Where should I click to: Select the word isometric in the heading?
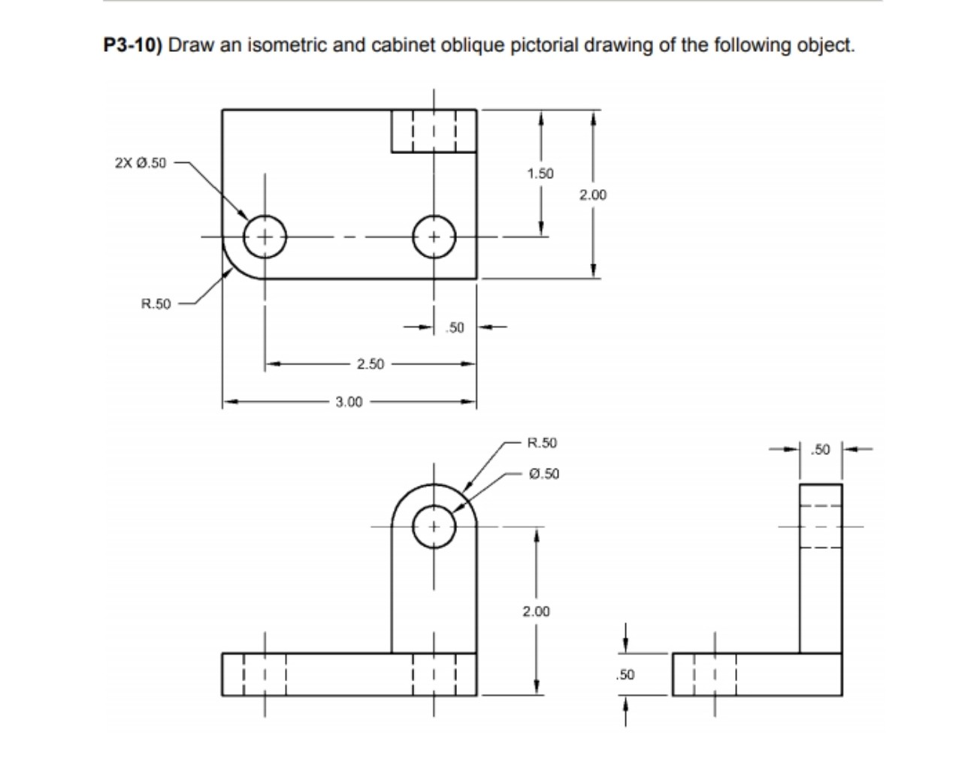(286, 45)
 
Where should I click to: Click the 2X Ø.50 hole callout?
(141, 163)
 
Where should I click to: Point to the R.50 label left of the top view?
(156, 304)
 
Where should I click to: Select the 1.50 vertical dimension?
(540, 173)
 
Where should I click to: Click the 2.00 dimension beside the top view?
(593, 195)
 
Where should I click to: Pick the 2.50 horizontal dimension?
(370, 364)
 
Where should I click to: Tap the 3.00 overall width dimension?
(349, 402)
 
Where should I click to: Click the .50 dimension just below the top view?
(455, 327)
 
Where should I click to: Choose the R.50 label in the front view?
(543, 443)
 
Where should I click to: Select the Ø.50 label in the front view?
(544, 474)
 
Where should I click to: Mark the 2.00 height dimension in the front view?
(536, 612)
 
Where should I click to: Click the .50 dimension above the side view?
(821, 450)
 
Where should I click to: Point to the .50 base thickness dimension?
(626, 674)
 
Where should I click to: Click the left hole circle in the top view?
(265, 237)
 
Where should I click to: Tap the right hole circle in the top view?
(434, 237)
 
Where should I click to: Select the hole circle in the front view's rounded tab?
(434, 525)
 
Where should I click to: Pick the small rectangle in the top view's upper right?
(434, 131)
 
